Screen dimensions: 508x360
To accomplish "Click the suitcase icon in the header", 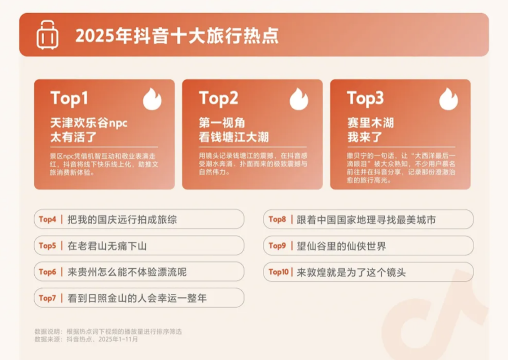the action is [x=48, y=35].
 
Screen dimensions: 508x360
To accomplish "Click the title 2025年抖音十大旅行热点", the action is [x=177, y=36].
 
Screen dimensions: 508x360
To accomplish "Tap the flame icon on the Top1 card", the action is [x=152, y=99].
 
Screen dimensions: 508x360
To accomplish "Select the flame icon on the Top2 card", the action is [x=299, y=99].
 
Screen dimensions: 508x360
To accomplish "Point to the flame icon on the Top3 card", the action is [x=448, y=99].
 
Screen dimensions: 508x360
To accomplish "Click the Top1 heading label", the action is [x=69, y=98].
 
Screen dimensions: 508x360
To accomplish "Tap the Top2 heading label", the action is [x=218, y=98].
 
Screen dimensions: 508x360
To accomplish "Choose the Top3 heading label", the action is [x=365, y=98].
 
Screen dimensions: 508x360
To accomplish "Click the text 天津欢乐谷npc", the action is [x=89, y=123].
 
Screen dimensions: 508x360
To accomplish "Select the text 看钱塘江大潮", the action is [x=234, y=137].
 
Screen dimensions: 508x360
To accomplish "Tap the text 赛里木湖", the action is [x=370, y=123].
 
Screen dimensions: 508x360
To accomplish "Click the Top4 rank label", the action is [x=48, y=219].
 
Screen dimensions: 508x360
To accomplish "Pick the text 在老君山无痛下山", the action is [x=107, y=246].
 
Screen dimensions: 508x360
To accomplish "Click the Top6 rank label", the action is [x=48, y=272].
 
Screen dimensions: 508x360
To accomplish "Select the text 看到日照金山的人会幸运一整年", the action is [x=137, y=298].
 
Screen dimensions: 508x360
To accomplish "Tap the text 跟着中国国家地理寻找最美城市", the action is [x=366, y=220].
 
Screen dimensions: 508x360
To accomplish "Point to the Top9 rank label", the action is [x=278, y=246].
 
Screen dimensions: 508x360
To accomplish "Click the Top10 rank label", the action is [x=278, y=272].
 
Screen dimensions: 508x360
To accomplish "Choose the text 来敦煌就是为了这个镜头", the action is [x=351, y=272].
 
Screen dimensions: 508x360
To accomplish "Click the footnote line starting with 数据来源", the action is [x=86, y=339].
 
